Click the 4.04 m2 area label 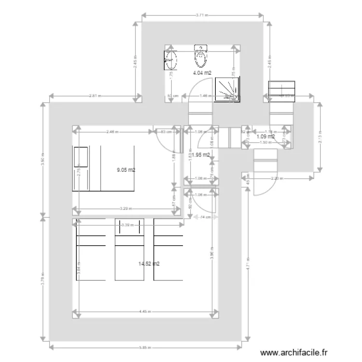coord(202,73)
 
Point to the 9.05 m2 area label coord(126,170)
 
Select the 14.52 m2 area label coord(149,264)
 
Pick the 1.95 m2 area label coord(201,155)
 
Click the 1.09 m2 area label coord(265,137)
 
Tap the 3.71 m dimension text coord(202,15)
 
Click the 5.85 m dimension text coord(148,347)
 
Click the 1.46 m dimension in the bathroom coord(206,96)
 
